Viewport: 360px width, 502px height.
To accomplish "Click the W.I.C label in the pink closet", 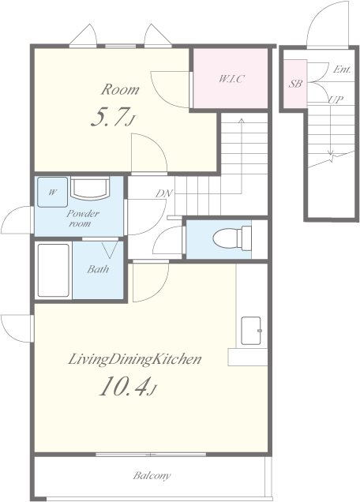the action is tap(231, 78).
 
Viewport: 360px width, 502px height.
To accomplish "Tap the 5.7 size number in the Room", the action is tap(107, 117).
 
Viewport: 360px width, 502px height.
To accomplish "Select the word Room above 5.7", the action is tap(120, 90).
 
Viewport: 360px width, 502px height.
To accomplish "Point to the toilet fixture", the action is tap(232, 238).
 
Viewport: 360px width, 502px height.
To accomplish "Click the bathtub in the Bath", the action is tap(54, 271).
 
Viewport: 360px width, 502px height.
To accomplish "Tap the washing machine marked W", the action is tap(53, 192).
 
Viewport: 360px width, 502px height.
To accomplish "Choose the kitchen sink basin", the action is tap(251, 331).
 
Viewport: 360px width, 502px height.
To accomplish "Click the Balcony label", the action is tap(152, 476).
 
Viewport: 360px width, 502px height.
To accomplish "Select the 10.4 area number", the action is tap(124, 386).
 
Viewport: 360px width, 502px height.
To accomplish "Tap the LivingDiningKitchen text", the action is tap(135, 359).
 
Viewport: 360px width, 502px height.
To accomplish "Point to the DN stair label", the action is tap(164, 193).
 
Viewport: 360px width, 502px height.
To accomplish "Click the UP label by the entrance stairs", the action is tap(336, 99).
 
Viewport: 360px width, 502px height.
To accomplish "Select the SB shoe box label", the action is tap(295, 84).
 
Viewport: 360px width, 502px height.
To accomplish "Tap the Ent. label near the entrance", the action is tap(342, 69).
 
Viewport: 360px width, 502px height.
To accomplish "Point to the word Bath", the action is tap(98, 269).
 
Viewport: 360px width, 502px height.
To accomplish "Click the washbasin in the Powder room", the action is tap(90, 188).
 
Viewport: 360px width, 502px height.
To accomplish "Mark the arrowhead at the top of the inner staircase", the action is tap(242, 121).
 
